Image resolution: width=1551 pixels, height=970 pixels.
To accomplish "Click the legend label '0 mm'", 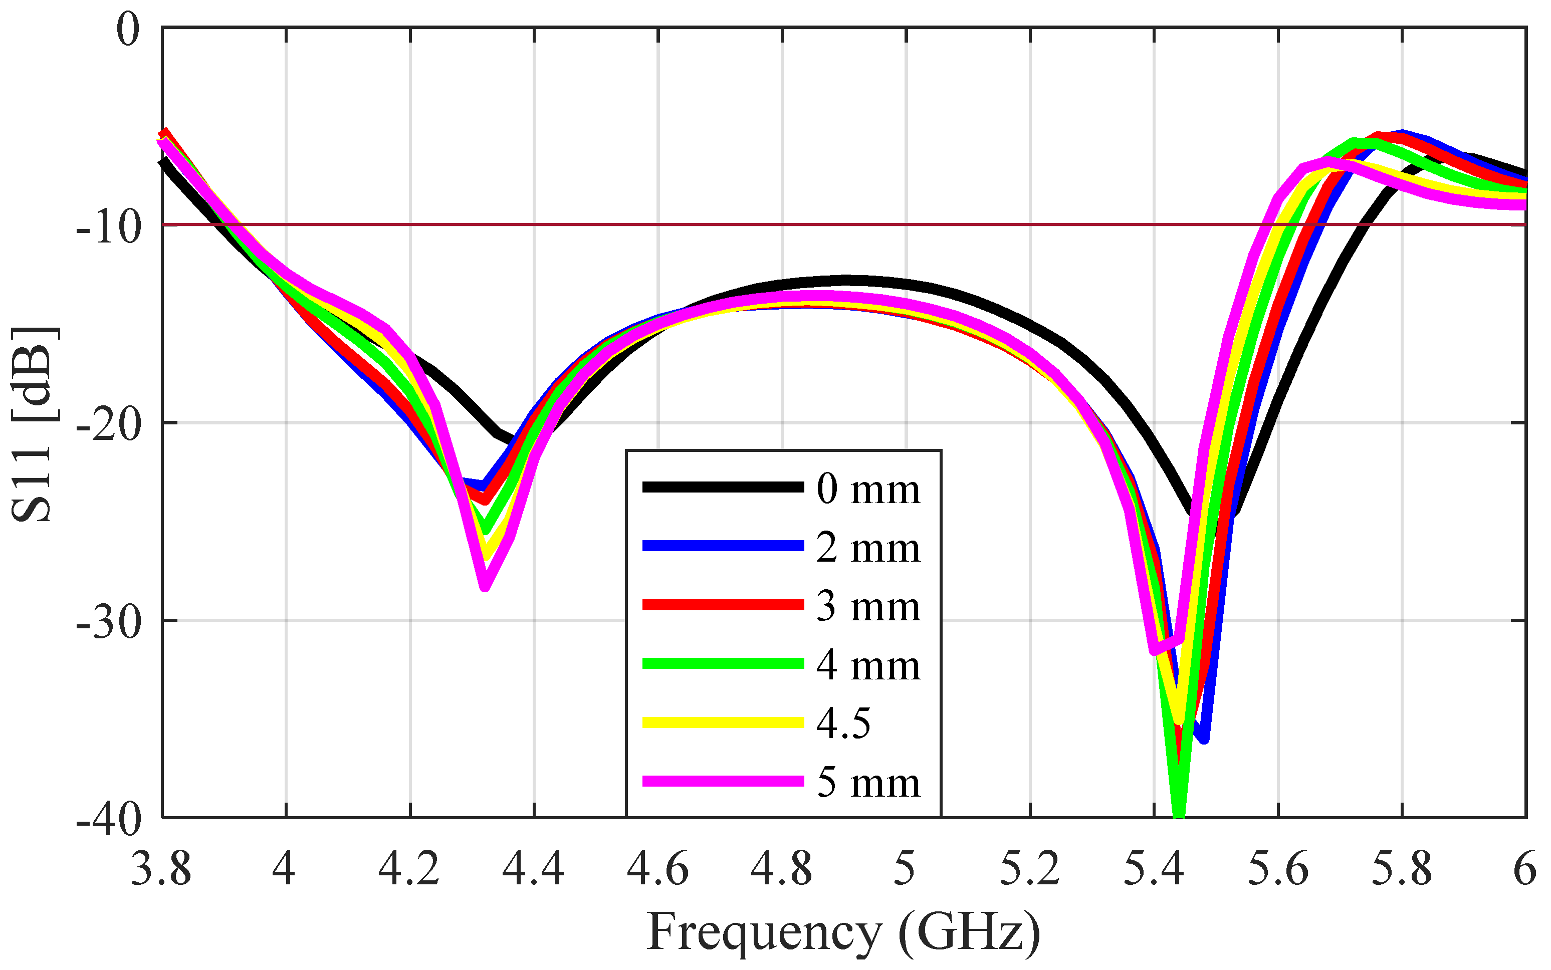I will coord(867,490).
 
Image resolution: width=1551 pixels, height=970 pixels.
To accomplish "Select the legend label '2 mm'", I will coord(867,549).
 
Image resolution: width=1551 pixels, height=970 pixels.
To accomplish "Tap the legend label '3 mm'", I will coord(867,607).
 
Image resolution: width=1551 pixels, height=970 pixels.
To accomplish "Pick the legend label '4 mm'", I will coord(867,666).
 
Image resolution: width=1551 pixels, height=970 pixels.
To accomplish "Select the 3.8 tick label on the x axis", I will coord(161,870).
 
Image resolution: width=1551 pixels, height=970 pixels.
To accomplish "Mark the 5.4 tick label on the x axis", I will coord(1153,870).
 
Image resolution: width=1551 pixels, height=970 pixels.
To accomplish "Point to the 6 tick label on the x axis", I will coord(1524,870).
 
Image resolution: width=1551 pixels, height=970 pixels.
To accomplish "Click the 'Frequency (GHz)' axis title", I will coord(842,931).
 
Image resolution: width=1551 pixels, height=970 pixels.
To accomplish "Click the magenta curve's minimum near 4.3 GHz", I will coord(485,586).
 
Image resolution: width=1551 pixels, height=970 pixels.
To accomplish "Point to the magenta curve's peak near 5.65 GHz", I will coord(1327,163).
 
